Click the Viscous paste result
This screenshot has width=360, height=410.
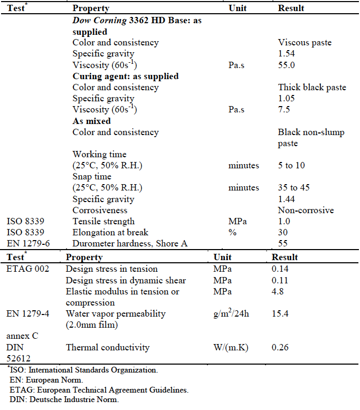[x=305, y=42]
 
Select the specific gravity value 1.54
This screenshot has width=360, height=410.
[x=286, y=53]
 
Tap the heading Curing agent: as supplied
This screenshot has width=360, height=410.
[x=126, y=76]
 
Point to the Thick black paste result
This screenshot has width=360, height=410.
[x=312, y=87]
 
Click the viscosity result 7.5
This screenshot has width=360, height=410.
[x=283, y=110]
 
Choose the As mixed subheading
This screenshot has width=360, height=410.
[x=92, y=121]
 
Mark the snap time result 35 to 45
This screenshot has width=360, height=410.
[x=294, y=188]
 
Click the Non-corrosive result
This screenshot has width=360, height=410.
[x=306, y=210]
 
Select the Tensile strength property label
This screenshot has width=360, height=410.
[x=103, y=222]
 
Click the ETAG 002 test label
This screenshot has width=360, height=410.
[x=28, y=269]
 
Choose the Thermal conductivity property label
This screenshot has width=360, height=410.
[x=108, y=347]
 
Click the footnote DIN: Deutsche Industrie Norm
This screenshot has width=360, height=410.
[x=64, y=399]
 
